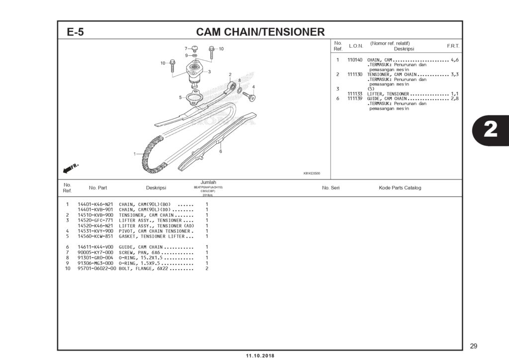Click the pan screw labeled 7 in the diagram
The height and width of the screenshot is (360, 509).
point(195,49)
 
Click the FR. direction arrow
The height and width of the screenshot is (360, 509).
point(71,168)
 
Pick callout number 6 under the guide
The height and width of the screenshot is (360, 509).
point(220,151)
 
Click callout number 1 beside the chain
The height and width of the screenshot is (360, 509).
point(135,154)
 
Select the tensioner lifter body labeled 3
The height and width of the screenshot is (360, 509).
point(195,73)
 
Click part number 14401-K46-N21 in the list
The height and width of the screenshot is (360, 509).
point(95,204)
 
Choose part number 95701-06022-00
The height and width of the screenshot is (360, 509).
point(96,269)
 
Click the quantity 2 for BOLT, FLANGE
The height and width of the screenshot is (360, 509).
point(206,269)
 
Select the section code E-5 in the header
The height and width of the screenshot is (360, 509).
point(76,32)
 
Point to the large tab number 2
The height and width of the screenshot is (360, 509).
point(490,130)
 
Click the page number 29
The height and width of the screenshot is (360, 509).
point(473,346)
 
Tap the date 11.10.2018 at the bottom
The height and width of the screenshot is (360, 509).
point(259,356)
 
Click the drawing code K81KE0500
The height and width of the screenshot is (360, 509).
point(311,174)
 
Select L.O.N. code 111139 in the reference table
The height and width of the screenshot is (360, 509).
point(354,98)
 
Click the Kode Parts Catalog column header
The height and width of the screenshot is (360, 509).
point(400,188)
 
